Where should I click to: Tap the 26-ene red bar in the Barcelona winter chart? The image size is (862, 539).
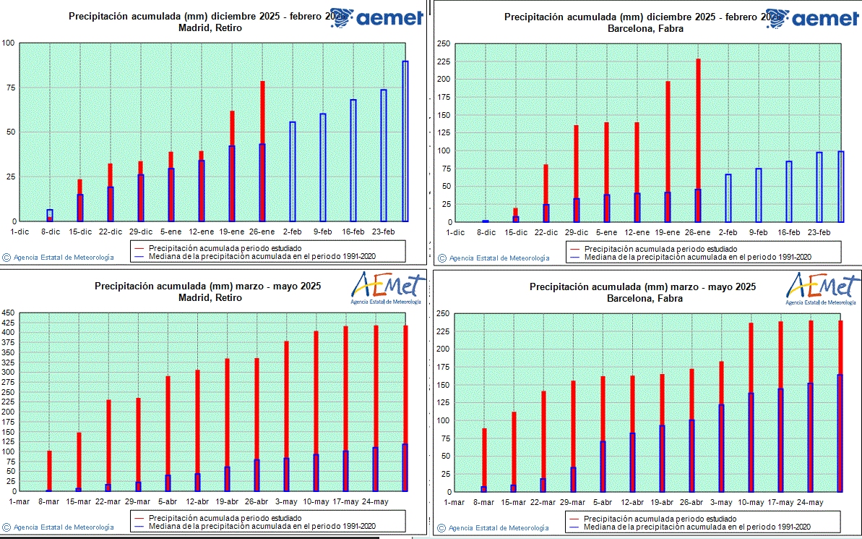698,123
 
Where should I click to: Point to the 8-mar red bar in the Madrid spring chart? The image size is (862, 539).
49,470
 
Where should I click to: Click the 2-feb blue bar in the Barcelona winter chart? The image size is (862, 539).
728,198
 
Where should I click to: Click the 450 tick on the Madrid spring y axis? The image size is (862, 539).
9,313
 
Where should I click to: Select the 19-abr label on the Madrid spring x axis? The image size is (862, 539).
227,501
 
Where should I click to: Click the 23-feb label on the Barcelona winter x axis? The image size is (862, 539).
819,232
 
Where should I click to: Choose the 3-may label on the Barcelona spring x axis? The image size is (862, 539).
721,501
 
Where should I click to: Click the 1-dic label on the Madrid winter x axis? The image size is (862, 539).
20,232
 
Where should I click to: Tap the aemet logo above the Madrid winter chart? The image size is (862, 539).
376,18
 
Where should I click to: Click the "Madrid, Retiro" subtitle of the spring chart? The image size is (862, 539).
208,297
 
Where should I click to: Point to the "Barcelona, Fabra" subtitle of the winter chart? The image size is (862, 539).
644,29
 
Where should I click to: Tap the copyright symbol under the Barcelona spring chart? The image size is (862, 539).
441,527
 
